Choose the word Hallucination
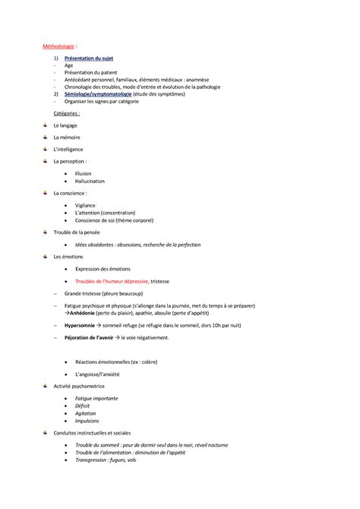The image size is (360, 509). [90, 181]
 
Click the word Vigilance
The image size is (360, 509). [86, 205]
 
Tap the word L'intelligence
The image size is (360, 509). [68, 149]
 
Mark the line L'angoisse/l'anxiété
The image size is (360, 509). [98, 374]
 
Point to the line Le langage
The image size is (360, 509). [65, 125]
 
